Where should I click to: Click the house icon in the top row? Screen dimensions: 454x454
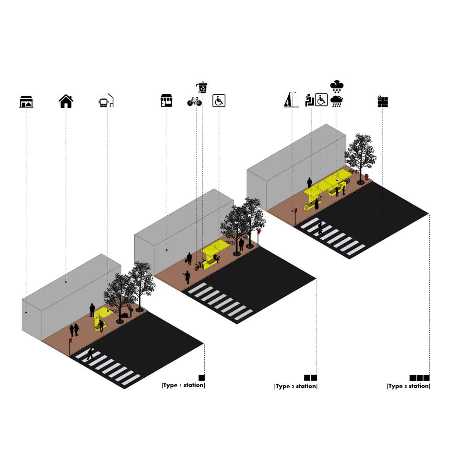click(66, 101)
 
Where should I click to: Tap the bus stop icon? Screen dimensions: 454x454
click(106, 101)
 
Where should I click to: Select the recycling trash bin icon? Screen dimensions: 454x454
click(202, 87)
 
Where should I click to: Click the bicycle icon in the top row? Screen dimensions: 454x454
click(194, 101)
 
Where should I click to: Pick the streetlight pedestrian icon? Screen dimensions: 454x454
click(291, 99)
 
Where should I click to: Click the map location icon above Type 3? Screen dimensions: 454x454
click(383, 101)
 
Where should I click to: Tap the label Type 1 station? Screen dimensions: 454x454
click(183, 385)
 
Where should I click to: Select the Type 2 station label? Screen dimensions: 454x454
click(296, 386)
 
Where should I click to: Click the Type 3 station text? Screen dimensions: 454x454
click(409, 386)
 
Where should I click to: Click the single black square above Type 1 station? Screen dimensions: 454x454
click(201, 378)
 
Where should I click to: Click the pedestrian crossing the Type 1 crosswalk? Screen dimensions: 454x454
click(90, 354)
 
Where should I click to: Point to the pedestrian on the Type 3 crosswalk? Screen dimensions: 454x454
click(320, 228)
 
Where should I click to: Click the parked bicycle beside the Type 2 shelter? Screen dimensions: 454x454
click(199, 265)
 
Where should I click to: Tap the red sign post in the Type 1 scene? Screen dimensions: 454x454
click(70, 346)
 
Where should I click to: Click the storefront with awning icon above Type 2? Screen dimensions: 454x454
click(167, 101)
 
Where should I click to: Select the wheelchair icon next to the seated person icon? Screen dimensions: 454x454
click(321, 100)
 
